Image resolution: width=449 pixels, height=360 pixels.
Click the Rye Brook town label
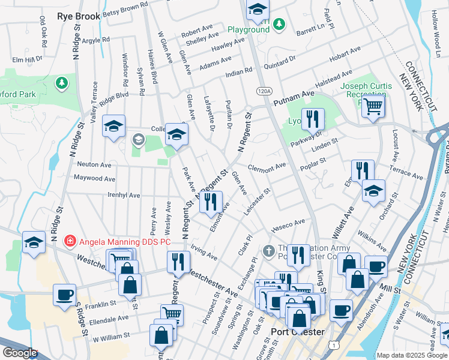click(78, 17)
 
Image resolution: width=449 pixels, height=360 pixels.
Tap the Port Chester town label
click(297, 332)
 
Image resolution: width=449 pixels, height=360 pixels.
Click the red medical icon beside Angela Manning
click(70, 241)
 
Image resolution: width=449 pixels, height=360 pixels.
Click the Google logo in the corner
click(20, 353)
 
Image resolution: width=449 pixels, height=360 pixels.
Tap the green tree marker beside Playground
click(278, 24)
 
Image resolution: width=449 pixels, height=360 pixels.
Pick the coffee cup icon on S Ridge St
click(64, 295)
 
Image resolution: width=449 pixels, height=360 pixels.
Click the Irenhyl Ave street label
click(123, 196)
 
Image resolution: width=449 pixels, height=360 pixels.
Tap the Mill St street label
click(390, 289)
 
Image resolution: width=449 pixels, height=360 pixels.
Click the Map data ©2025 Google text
click(412, 355)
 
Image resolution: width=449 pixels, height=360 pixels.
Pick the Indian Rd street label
click(239, 71)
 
